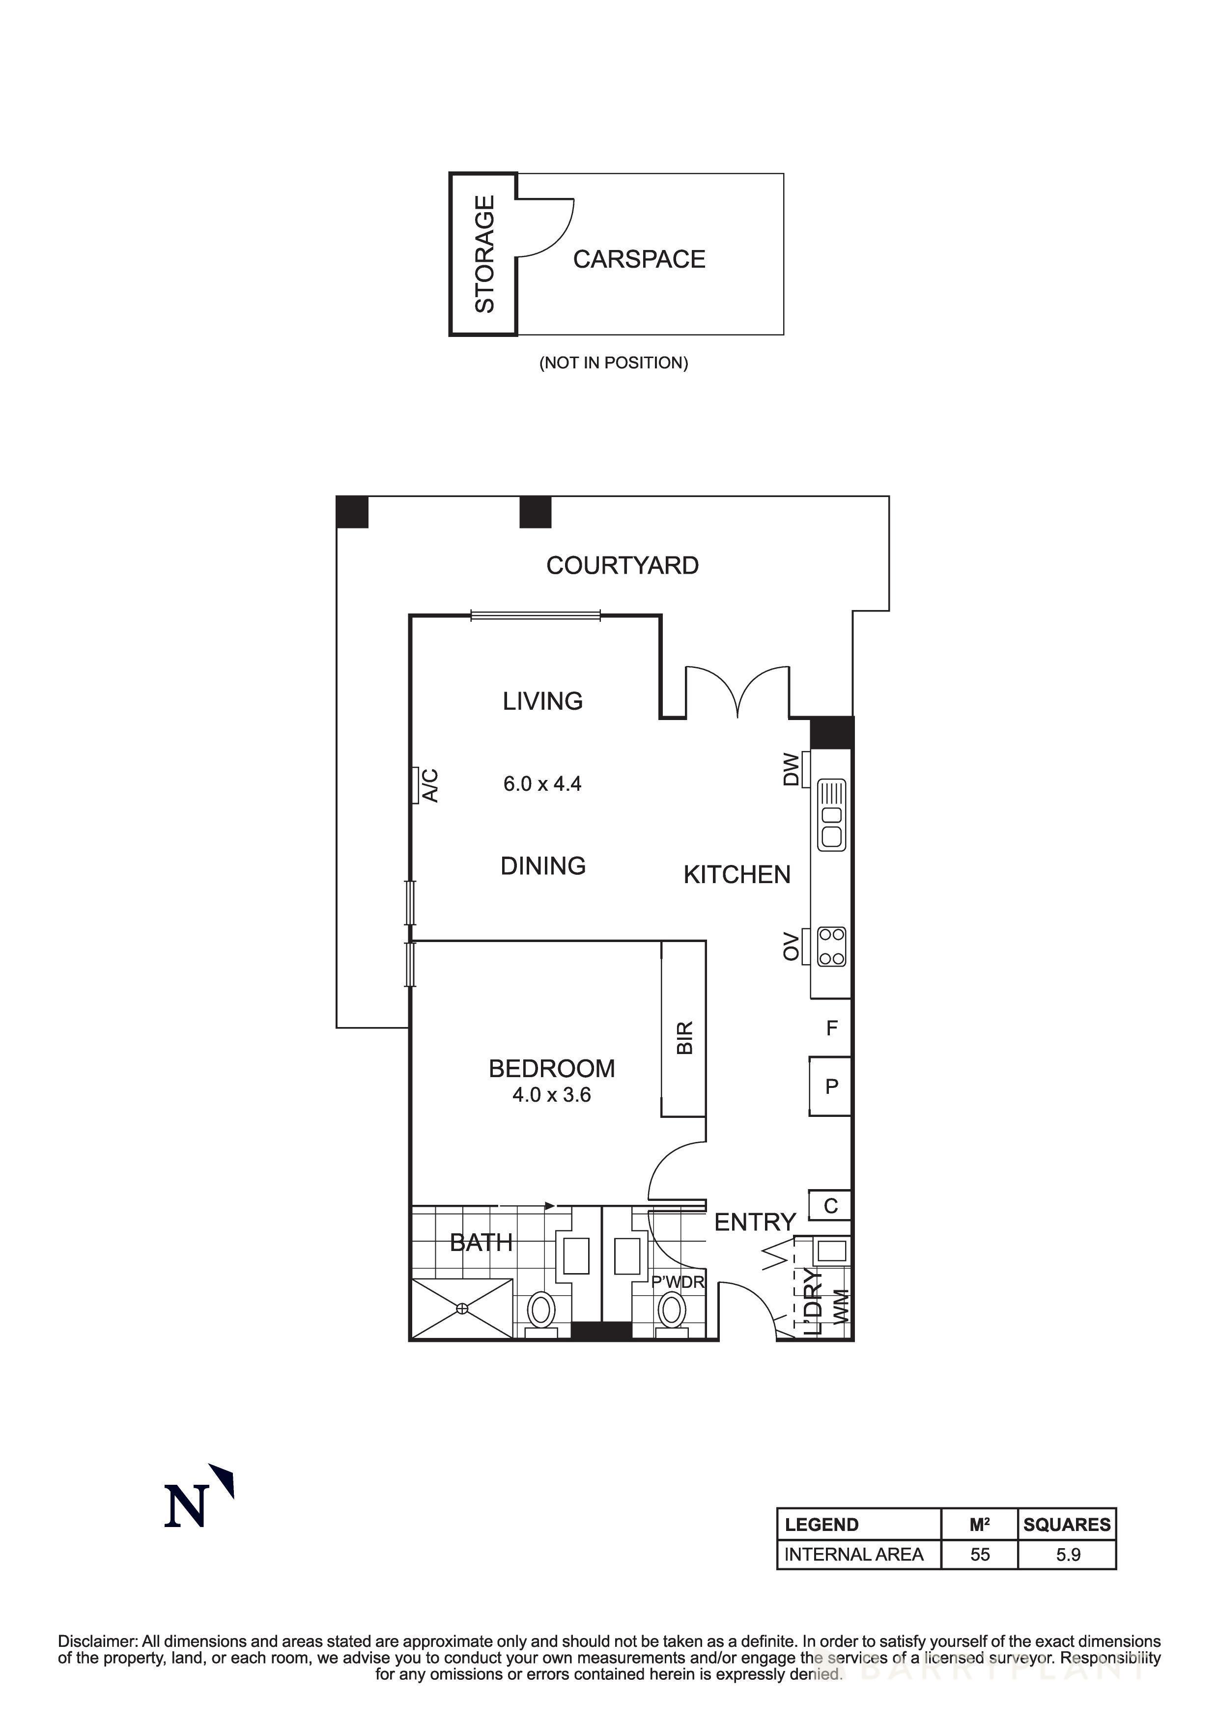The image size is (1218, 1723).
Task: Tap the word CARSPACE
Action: click(x=639, y=260)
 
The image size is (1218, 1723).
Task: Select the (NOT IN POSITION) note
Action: click(x=613, y=363)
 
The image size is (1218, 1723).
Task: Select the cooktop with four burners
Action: click(x=831, y=946)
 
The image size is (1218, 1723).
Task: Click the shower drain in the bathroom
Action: click(x=462, y=1309)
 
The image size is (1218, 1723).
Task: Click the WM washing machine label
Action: click(x=841, y=1306)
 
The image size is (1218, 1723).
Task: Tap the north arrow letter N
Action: click(x=185, y=1508)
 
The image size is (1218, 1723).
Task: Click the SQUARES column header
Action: click(x=1066, y=1525)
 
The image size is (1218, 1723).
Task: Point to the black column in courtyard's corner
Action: click(x=352, y=512)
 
